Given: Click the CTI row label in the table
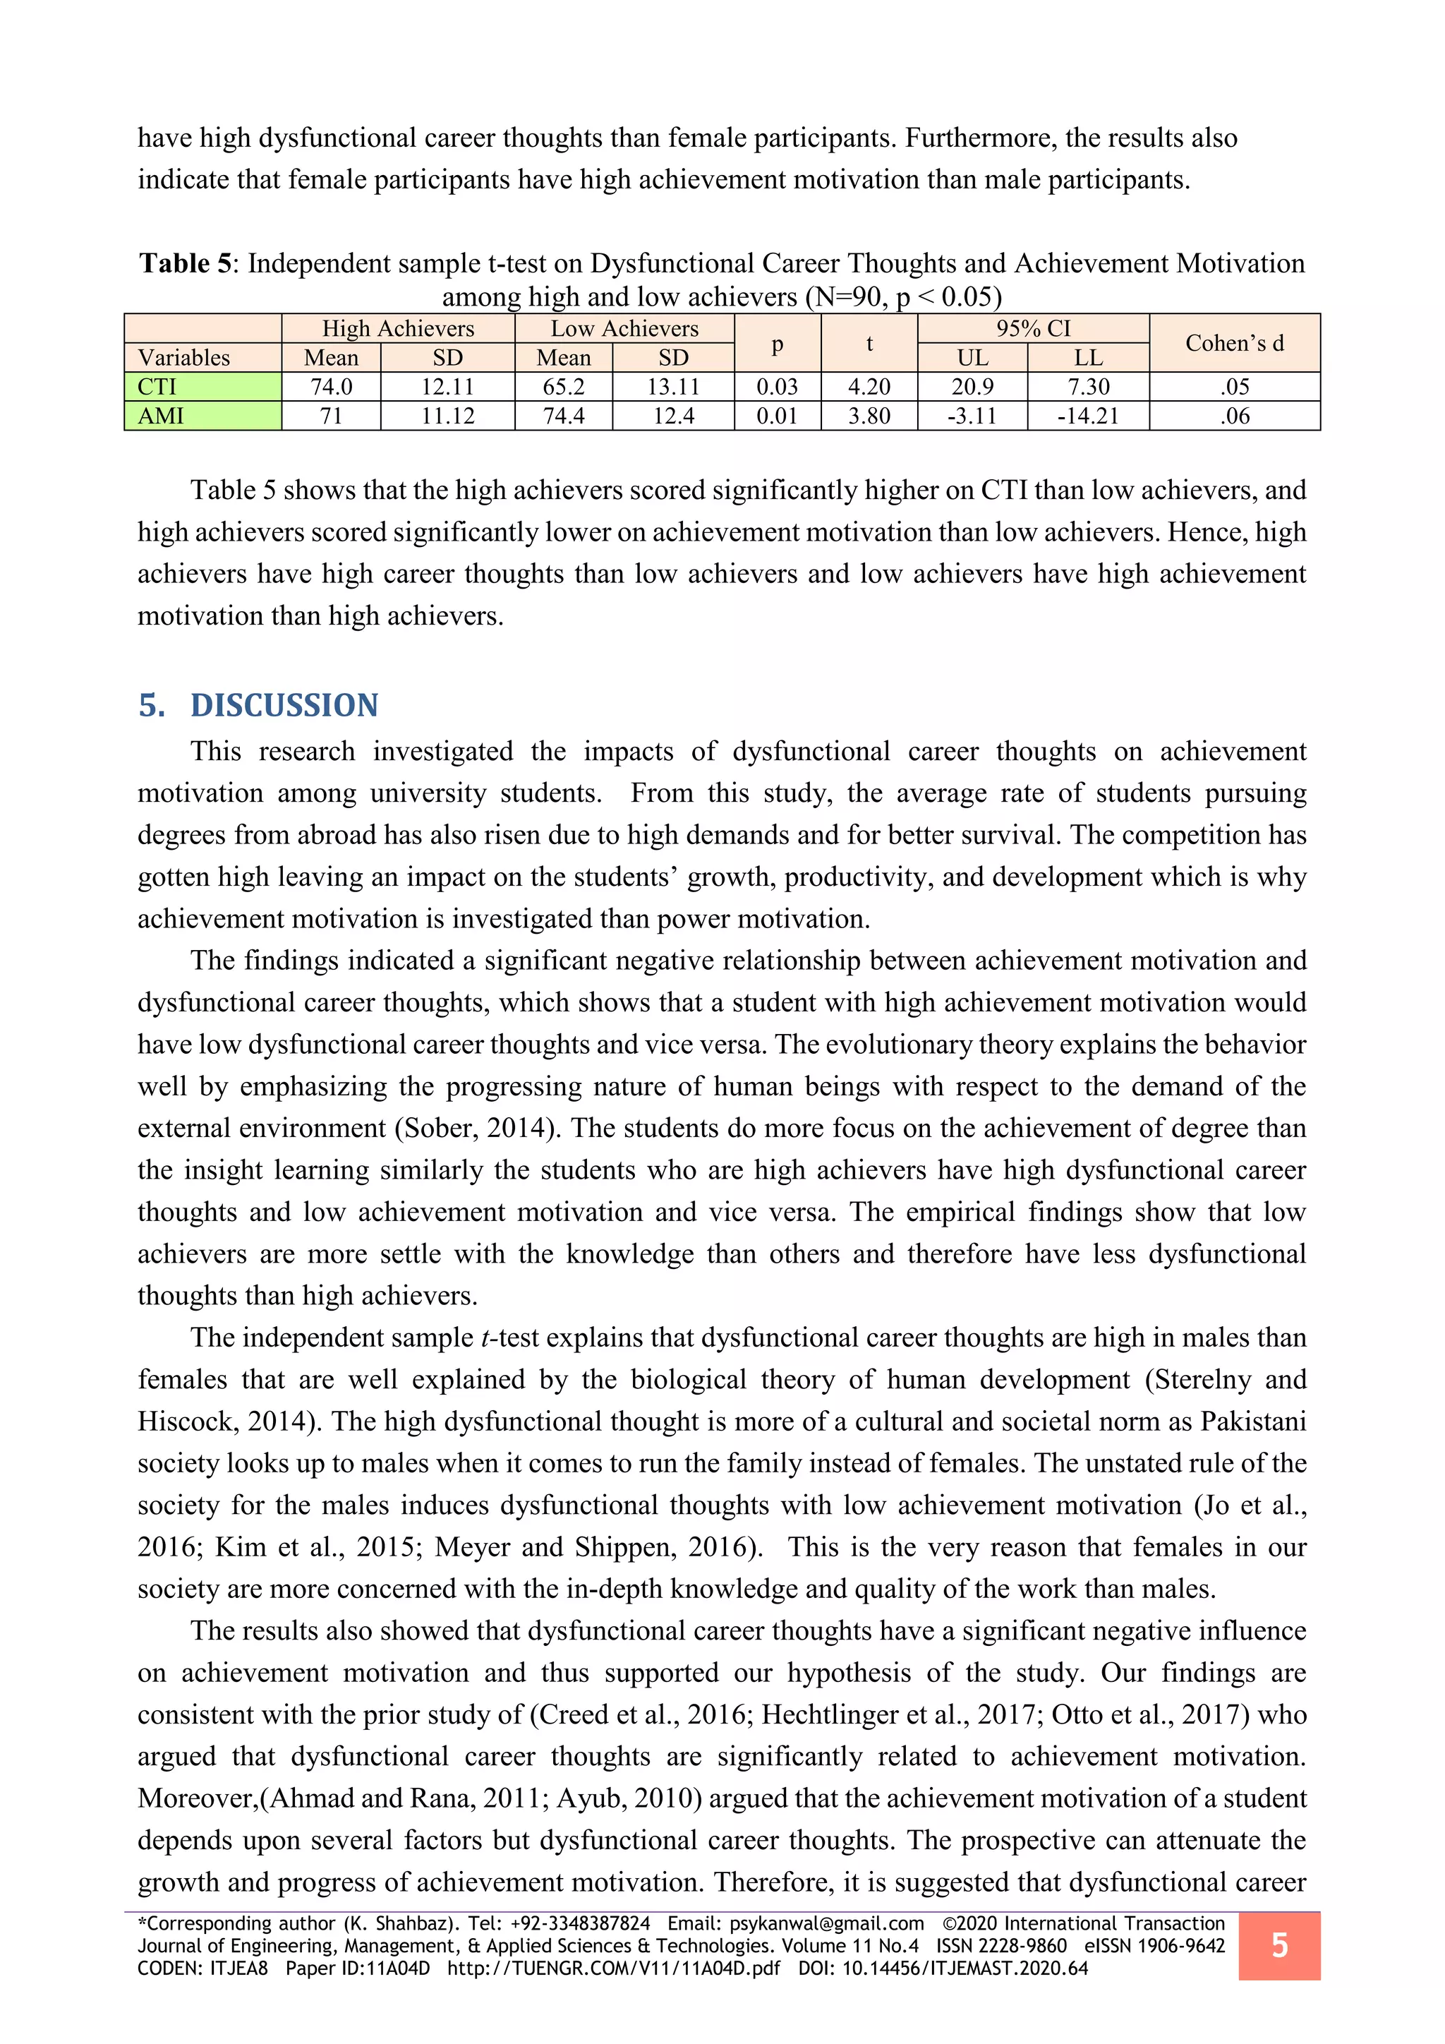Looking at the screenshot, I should click(157, 386).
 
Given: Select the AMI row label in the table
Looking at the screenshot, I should click(161, 416).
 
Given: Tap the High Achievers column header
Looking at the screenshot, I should click(398, 328).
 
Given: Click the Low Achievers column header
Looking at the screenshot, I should click(624, 328).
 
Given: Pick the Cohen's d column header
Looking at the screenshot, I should click(1234, 343).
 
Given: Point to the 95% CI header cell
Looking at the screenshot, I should click(1032, 328).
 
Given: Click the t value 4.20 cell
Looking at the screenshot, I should click(869, 386).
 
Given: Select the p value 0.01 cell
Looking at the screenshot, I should click(777, 416).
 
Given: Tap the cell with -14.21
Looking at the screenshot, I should click(1087, 416).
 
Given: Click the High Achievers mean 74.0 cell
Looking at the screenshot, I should click(331, 386).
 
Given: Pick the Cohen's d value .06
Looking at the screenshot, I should click(1234, 416).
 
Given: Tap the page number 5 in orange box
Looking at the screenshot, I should click(1278, 1945).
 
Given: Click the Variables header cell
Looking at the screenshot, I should click(184, 358).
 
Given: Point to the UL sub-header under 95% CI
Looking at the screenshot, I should click(972, 358).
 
